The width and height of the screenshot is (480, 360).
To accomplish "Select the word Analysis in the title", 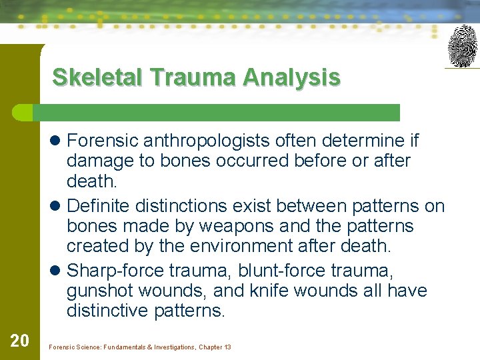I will [x=291, y=78].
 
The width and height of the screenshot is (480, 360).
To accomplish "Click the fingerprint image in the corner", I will [x=462, y=46].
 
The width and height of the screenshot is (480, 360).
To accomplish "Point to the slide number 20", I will [x=20, y=341].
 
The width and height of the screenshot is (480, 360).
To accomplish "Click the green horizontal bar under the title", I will [x=220, y=112].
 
